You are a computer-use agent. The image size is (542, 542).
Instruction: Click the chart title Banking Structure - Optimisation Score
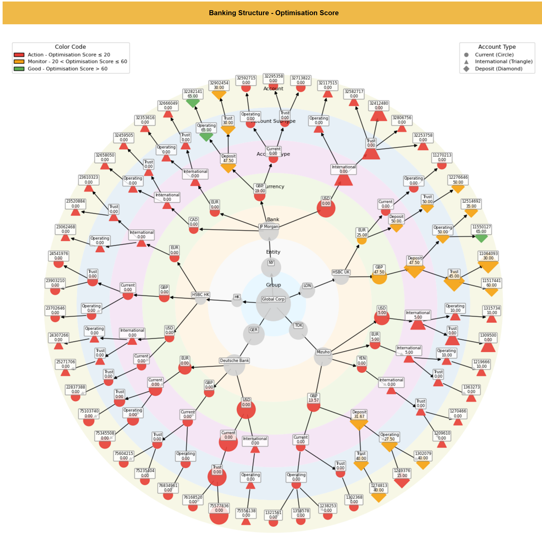[274, 13]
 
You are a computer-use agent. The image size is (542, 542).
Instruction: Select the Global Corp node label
[273, 299]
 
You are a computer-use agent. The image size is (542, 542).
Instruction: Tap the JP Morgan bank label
[269, 226]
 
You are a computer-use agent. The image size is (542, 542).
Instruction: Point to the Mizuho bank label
[323, 352]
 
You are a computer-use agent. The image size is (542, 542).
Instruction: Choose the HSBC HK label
[201, 295]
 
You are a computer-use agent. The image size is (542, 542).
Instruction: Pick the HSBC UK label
[341, 272]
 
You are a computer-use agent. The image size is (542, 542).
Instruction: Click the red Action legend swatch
[19, 55]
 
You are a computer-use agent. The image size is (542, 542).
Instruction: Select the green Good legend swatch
[19, 69]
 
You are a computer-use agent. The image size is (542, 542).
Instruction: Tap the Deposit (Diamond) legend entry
[498, 69]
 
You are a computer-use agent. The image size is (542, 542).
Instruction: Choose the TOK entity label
[299, 325]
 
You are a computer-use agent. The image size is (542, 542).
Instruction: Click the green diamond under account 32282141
[193, 103]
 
